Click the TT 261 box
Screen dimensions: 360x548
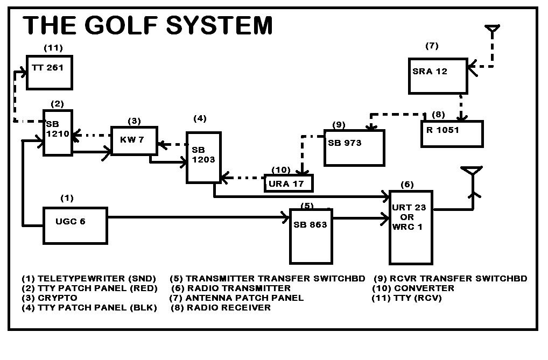[x=50, y=72]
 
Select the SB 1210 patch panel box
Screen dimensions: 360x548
[x=58, y=132]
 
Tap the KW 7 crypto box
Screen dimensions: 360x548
[x=134, y=141]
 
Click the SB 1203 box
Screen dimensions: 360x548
[x=203, y=157]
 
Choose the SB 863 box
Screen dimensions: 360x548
[x=311, y=236]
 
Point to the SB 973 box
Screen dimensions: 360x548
[x=354, y=147]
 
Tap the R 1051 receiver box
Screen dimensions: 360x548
[x=452, y=134]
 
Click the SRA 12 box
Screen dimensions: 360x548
[x=437, y=75]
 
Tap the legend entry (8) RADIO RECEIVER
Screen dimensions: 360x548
[x=221, y=307]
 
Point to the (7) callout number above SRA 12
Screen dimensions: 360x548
[x=432, y=46]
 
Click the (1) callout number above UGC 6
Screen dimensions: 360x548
[x=67, y=198]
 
